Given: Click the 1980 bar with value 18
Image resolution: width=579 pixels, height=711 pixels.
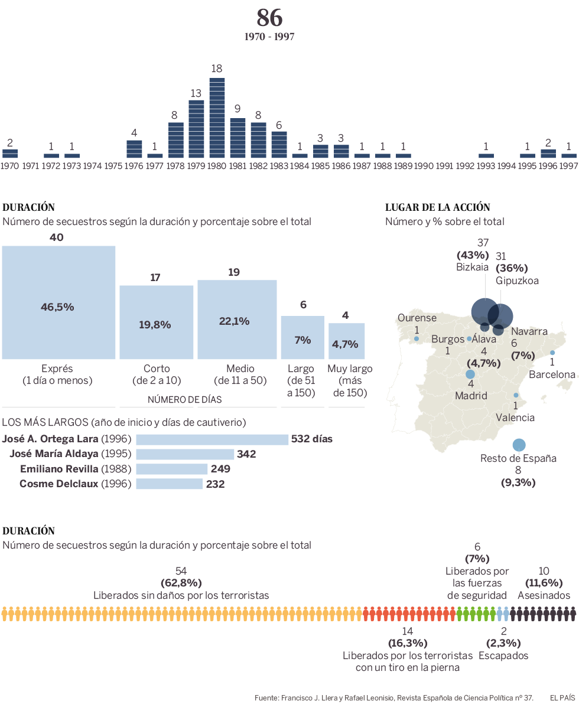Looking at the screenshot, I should [x=217, y=118].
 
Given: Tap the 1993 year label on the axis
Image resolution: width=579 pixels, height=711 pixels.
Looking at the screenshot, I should [x=486, y=166].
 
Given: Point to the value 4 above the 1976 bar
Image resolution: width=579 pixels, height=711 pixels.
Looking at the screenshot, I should [x=134, y=133].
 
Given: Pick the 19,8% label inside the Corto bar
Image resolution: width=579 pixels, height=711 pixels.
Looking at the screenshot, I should [x=155, y=325].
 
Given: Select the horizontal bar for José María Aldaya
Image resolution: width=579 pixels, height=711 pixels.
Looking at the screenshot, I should [x=185, y=454].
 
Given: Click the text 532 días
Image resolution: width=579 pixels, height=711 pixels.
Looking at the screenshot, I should [x=311, y=439].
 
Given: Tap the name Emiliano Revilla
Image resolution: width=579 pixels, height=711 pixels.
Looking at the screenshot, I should [x=58, y=469].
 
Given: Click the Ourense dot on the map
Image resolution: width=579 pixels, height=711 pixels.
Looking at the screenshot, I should [x=417, y=339].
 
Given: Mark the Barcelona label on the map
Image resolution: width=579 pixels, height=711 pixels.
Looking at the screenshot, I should [x=552, y=374].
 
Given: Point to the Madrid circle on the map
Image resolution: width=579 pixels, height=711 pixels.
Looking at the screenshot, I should [x=470, y=374].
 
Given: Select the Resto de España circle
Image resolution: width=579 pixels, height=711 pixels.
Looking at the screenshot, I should [x=519, y=445].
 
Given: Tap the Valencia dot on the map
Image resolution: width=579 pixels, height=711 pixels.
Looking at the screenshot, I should [x=516, y=396].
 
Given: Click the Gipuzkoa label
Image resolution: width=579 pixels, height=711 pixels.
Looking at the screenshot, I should [x=517, y=281].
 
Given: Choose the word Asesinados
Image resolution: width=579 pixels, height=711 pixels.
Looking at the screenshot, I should [x=544, y=595].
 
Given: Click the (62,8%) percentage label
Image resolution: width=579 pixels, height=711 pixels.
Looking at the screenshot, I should [x=181, y=583].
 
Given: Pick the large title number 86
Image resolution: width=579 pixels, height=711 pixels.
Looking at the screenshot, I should [x=269, y=18].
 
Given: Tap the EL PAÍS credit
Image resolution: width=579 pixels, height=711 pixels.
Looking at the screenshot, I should [x=562, y=698].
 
